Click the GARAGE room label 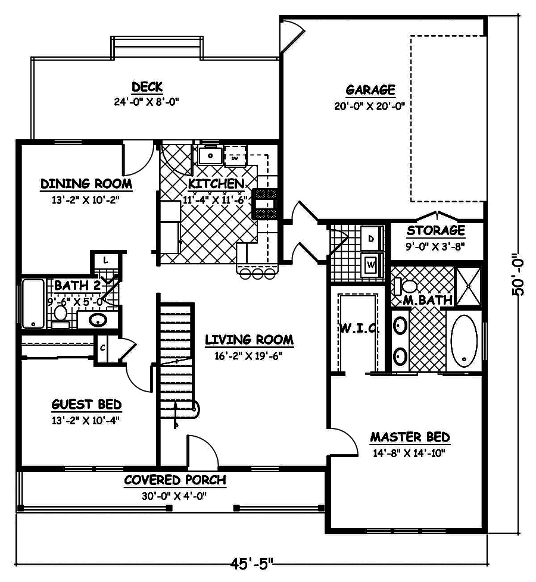[x=370, y=90]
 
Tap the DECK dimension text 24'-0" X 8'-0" [x=147, y=102]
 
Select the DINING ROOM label [x=86, y=184]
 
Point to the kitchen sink [x=210, y=157]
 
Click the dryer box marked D [x=370, y=239]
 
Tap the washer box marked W [x=370, y=262]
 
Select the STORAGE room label [x=435, y=230]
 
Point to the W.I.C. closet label [x=357, y=328]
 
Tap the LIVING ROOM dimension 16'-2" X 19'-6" [x=249, y=356]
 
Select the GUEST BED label [x=86, y=405]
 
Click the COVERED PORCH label [x=174, y=480]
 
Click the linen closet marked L [x=105, y=261]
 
